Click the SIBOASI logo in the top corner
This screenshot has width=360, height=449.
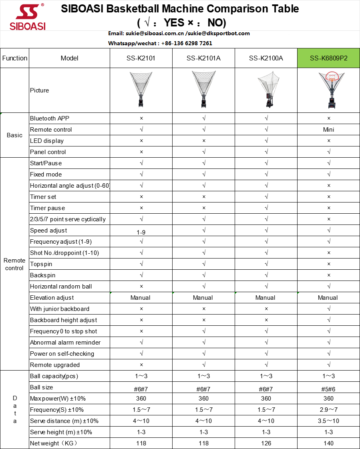tap(30, 18)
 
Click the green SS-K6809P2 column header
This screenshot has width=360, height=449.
tap(328, 58)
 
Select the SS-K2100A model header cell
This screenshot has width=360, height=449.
tap(266, 58)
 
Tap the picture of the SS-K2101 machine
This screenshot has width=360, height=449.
tap(141, 90)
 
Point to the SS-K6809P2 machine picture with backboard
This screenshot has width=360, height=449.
tap(329, 90)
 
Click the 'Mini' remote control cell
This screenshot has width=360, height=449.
tap(328, 130)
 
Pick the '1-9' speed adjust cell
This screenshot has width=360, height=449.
tap(141, 232)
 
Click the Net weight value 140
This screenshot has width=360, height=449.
tap(328, 443)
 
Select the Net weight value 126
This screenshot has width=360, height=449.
tap(266, 443)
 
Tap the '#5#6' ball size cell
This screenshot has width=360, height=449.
tap(328, 389)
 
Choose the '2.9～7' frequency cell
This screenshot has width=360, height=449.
tap(328, 410)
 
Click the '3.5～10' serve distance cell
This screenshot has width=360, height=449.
tap(328, 421)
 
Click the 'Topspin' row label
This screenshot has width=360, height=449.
tap(41, 264)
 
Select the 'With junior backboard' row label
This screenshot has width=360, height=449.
tap(60, 309)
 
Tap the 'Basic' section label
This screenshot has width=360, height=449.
tap(15, 135)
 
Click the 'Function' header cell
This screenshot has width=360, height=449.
tap(15, 58)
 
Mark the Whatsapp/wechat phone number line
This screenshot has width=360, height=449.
tap(160, 43)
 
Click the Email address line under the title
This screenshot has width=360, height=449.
tap(179, 34)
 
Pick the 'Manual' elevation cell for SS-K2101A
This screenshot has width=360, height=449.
tap(203, 298)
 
